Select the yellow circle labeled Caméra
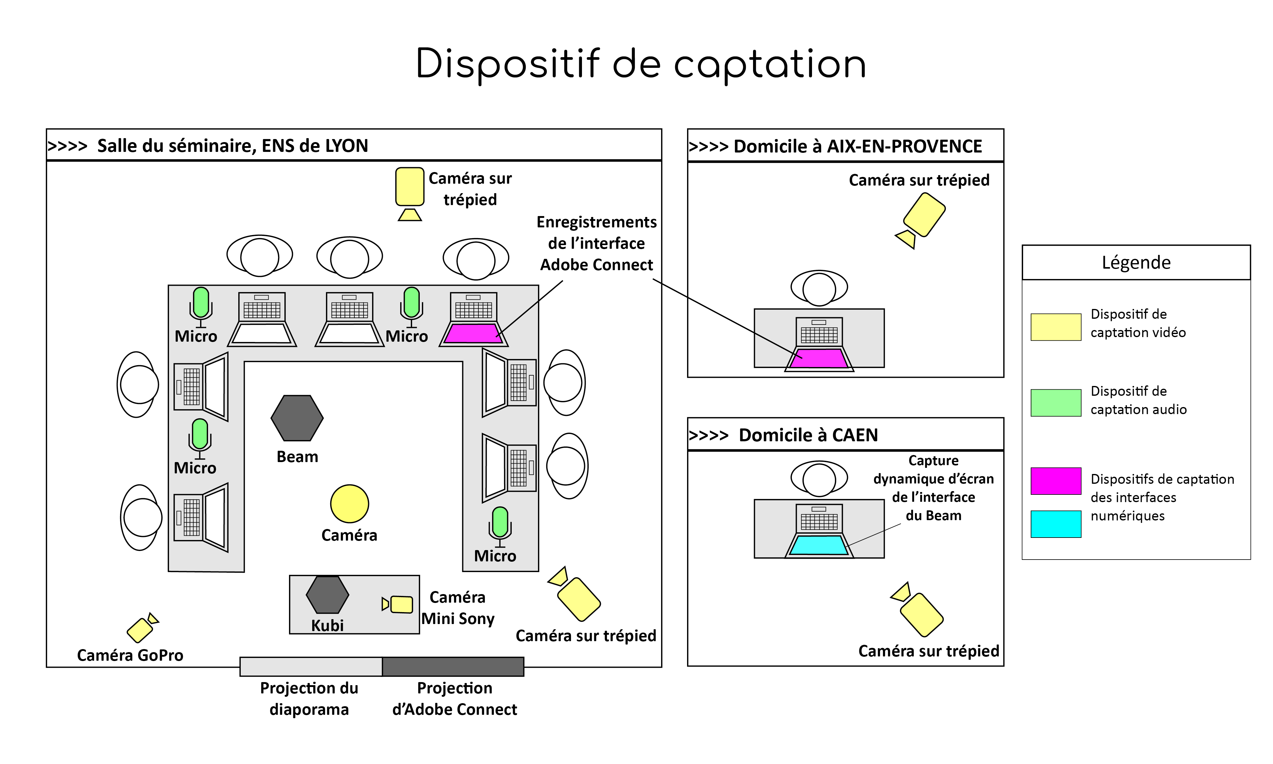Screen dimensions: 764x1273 [349, 504]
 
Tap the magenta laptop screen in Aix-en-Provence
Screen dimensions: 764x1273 [819, 358]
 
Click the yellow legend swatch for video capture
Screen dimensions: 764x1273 [1055, 327]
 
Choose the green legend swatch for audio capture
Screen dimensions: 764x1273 [1055, 402]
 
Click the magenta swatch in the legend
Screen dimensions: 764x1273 [1055, 481]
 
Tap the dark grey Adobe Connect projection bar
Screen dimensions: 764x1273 [453, 666]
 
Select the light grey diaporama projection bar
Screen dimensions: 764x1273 [311, 666]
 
